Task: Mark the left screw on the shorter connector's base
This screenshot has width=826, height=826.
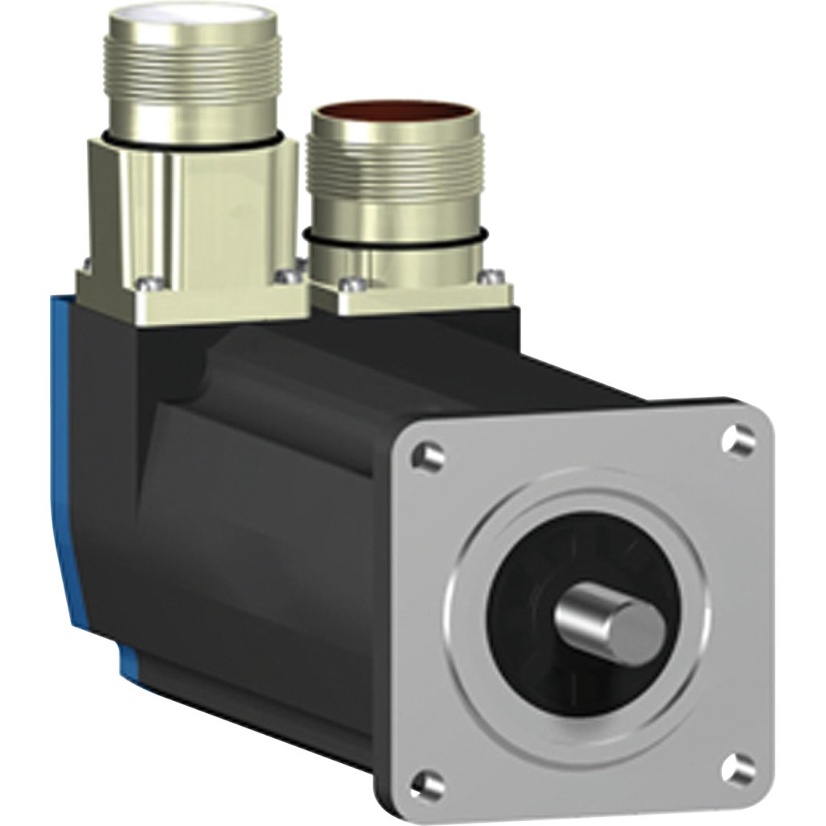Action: pos(348,284)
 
